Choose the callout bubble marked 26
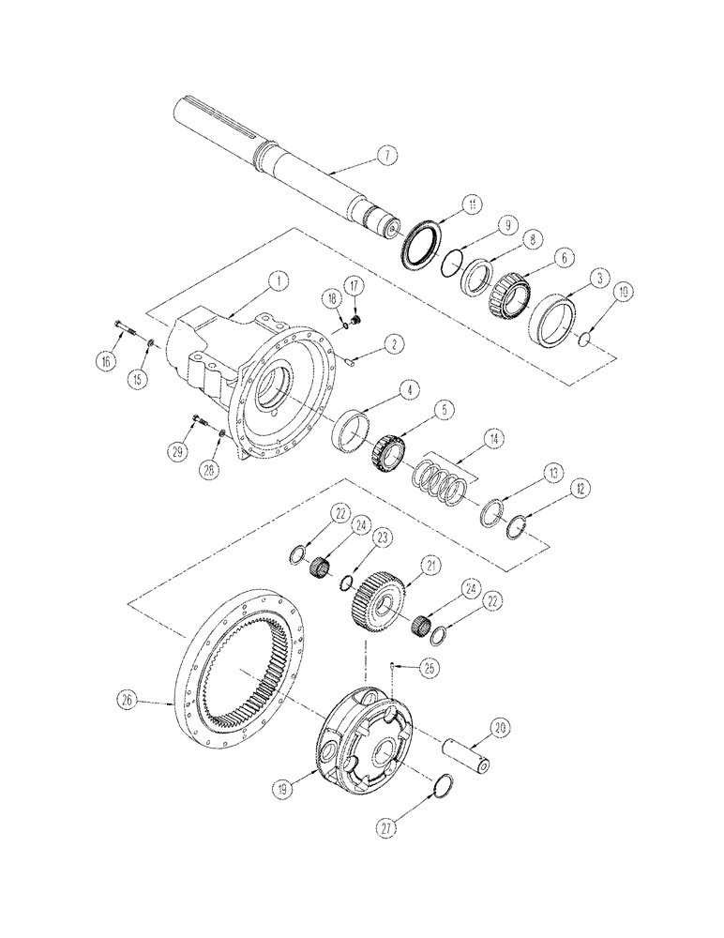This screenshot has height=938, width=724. coord(128,698)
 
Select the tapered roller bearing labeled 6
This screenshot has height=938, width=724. coord(506,288)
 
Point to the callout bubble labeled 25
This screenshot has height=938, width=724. coord(430,668)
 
